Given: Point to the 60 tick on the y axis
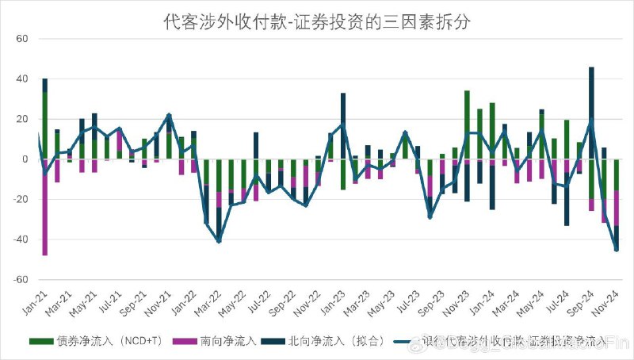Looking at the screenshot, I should [21, 39].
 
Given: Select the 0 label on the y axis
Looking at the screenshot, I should [25, 159].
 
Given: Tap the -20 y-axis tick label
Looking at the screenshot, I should [20, 200].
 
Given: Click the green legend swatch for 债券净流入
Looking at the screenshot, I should [40, 342].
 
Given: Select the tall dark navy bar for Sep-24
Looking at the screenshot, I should [591, 111].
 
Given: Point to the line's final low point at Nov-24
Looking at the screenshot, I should [617, 249].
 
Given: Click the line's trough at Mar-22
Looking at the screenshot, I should [219, 241].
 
